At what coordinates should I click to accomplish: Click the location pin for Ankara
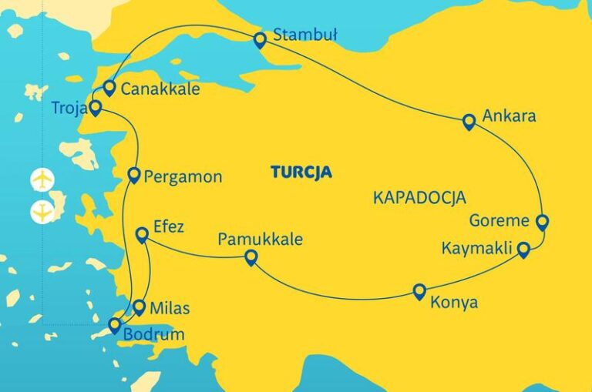tap(469, 121)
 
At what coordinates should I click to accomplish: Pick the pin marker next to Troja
tap(95, 108)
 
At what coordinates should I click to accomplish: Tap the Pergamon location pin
tap(133, 175)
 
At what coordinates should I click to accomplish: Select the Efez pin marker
tap(141, 235)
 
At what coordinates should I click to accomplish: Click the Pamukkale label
tap(260, 239)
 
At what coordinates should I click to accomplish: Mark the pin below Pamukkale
tap(250, 257)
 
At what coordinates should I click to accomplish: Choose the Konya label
tap(455, 303)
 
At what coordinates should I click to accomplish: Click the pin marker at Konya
tap(419, 291)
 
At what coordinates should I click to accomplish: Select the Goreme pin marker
tap(542, 223)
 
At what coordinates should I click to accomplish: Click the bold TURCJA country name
tap(301, 172)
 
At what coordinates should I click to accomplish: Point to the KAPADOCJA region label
tap(420, 197)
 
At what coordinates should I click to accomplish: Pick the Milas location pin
tap(139, 307)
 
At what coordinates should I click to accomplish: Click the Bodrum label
tap(155, 334)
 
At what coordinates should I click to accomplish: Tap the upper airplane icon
tap(42, 179)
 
